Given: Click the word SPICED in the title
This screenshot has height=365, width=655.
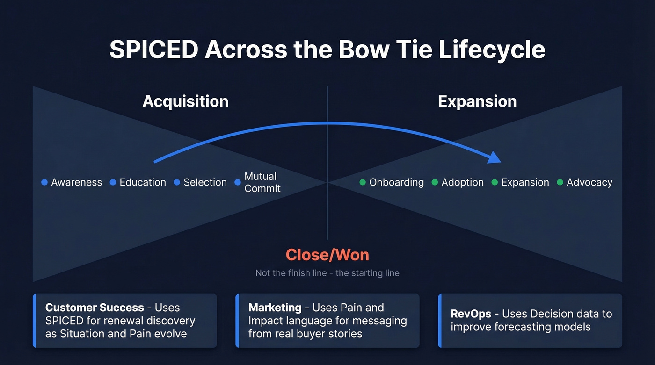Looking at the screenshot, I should (x=153, y=50).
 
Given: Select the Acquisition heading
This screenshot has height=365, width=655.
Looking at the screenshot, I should (x=185, y=101).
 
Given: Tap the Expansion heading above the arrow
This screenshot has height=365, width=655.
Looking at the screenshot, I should (x=477, y=101).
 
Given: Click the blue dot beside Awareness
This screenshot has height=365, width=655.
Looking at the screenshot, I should (x=44, y=182).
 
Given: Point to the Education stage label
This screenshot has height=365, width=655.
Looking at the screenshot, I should (x=143, y=182).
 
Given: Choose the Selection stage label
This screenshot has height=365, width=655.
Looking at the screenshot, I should (x=205, y=182).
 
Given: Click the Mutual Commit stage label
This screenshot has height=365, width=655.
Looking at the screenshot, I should (x=262, y=182).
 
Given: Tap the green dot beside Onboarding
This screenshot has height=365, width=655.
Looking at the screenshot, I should (x=363, y=182).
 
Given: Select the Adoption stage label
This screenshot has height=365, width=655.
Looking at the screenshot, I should (x=462, y=182).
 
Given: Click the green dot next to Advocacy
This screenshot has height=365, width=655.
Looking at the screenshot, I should (x=560, y=182).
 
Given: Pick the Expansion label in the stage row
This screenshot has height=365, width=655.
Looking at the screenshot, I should (x=525, y=182).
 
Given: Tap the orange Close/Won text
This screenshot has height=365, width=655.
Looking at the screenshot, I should (x=327, y=255).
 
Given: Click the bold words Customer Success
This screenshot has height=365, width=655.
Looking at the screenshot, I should (x=95, y=308).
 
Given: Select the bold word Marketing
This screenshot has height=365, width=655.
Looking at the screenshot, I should (x=275, y=308).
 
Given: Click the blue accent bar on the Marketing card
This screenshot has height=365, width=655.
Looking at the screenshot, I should (x=237, y=321).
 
